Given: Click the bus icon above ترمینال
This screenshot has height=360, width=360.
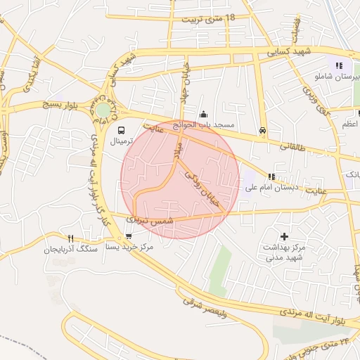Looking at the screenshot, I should tap(122, 130).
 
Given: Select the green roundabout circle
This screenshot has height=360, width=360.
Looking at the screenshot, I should tap(103, 110).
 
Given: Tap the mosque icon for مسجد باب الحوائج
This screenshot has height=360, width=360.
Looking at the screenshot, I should tap(204, 115).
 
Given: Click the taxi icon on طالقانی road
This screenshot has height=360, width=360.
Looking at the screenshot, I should tap(262, 130).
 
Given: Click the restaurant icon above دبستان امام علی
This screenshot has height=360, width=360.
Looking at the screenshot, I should tap(271, 176).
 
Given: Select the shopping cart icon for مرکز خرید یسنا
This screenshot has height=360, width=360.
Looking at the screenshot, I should tap(128, 236).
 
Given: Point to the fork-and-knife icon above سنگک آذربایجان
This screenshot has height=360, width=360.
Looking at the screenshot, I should tap(70, 238).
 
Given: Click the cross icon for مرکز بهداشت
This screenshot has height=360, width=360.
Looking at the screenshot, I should tap(284, 237).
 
